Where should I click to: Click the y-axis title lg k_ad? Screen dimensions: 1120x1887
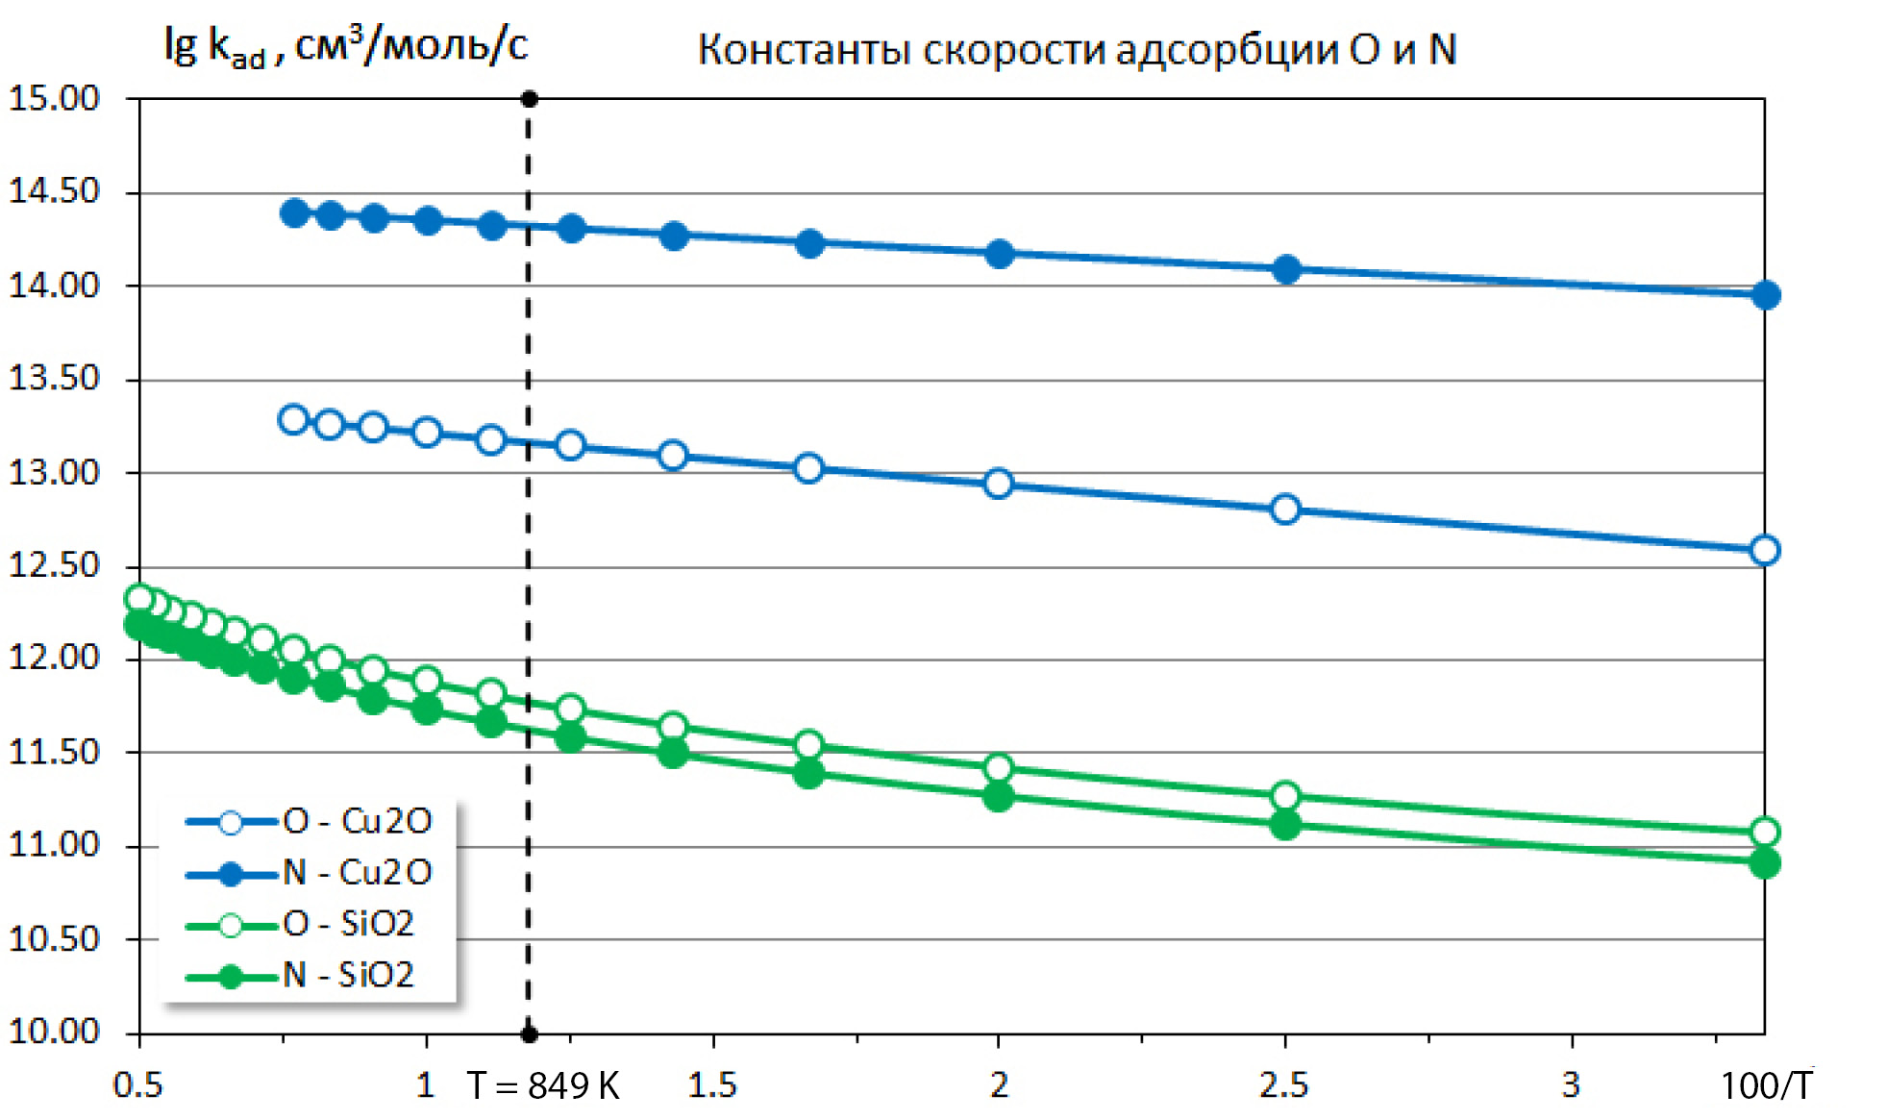[x=346, y=46]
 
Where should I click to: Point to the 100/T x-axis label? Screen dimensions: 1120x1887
[x=1766, y=1085]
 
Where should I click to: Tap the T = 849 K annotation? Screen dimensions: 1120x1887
[x=543, y=1085]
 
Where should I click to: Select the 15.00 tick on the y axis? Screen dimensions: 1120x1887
[x=55, y=98]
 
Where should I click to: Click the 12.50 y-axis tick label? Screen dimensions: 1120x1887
[x=55, y=565]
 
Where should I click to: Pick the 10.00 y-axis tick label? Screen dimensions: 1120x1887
[x=55, y=1032]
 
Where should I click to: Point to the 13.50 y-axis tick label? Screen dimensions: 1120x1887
[x=55, y=378]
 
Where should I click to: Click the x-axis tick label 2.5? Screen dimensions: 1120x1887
[x=1284, y=1085]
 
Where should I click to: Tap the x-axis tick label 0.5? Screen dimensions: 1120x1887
[x=138, y=1085]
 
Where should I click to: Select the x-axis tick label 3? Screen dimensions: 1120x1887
[x=1571, y=1085]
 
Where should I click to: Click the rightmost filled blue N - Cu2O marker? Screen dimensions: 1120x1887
[x=1765, y=295]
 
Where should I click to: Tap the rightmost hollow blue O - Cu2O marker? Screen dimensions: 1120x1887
[x=1765, y=551]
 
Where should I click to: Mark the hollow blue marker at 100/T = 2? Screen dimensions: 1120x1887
[x=999, y=484]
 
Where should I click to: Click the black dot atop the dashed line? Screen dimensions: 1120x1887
[x=529, y=99]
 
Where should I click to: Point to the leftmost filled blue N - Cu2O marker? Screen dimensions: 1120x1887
[x=294, y=213]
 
